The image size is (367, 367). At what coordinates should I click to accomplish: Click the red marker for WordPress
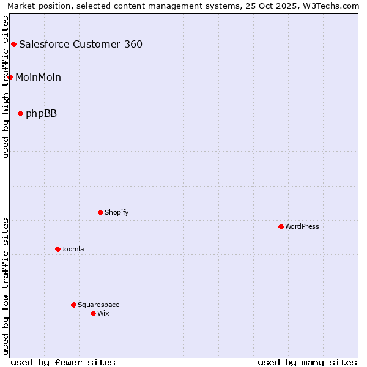(281, 226)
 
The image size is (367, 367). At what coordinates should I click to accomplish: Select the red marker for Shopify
(100, 212)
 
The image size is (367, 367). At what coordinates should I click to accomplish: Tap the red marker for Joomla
(57, 249)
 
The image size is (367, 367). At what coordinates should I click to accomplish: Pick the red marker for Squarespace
(73, 305)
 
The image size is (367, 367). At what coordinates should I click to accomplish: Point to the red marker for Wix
(93, 313)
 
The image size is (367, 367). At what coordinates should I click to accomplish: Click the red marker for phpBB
(20, 113)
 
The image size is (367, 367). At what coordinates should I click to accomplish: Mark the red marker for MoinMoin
(10, 77)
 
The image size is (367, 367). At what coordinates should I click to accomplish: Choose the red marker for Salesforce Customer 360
(13, 44)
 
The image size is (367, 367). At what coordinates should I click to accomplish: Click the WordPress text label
(302, 226)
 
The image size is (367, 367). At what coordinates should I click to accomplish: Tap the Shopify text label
(116, 212)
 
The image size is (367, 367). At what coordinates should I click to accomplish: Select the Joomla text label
(73, 249)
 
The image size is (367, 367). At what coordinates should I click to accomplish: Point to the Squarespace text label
(98, 305)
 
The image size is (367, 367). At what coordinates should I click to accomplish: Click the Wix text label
(103, 313)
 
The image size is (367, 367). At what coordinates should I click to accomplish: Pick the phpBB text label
(41, 113)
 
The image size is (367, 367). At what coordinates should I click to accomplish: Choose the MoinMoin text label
(38, 77)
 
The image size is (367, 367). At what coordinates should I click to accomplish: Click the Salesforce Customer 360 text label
(81, 44)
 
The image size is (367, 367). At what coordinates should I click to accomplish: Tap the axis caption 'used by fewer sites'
(63, 362)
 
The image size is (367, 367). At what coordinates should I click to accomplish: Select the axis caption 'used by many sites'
(307, 362)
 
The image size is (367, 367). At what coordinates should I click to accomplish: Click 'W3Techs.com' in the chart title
(333, 6)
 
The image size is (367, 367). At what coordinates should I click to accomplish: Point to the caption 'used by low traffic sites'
(6, 286)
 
